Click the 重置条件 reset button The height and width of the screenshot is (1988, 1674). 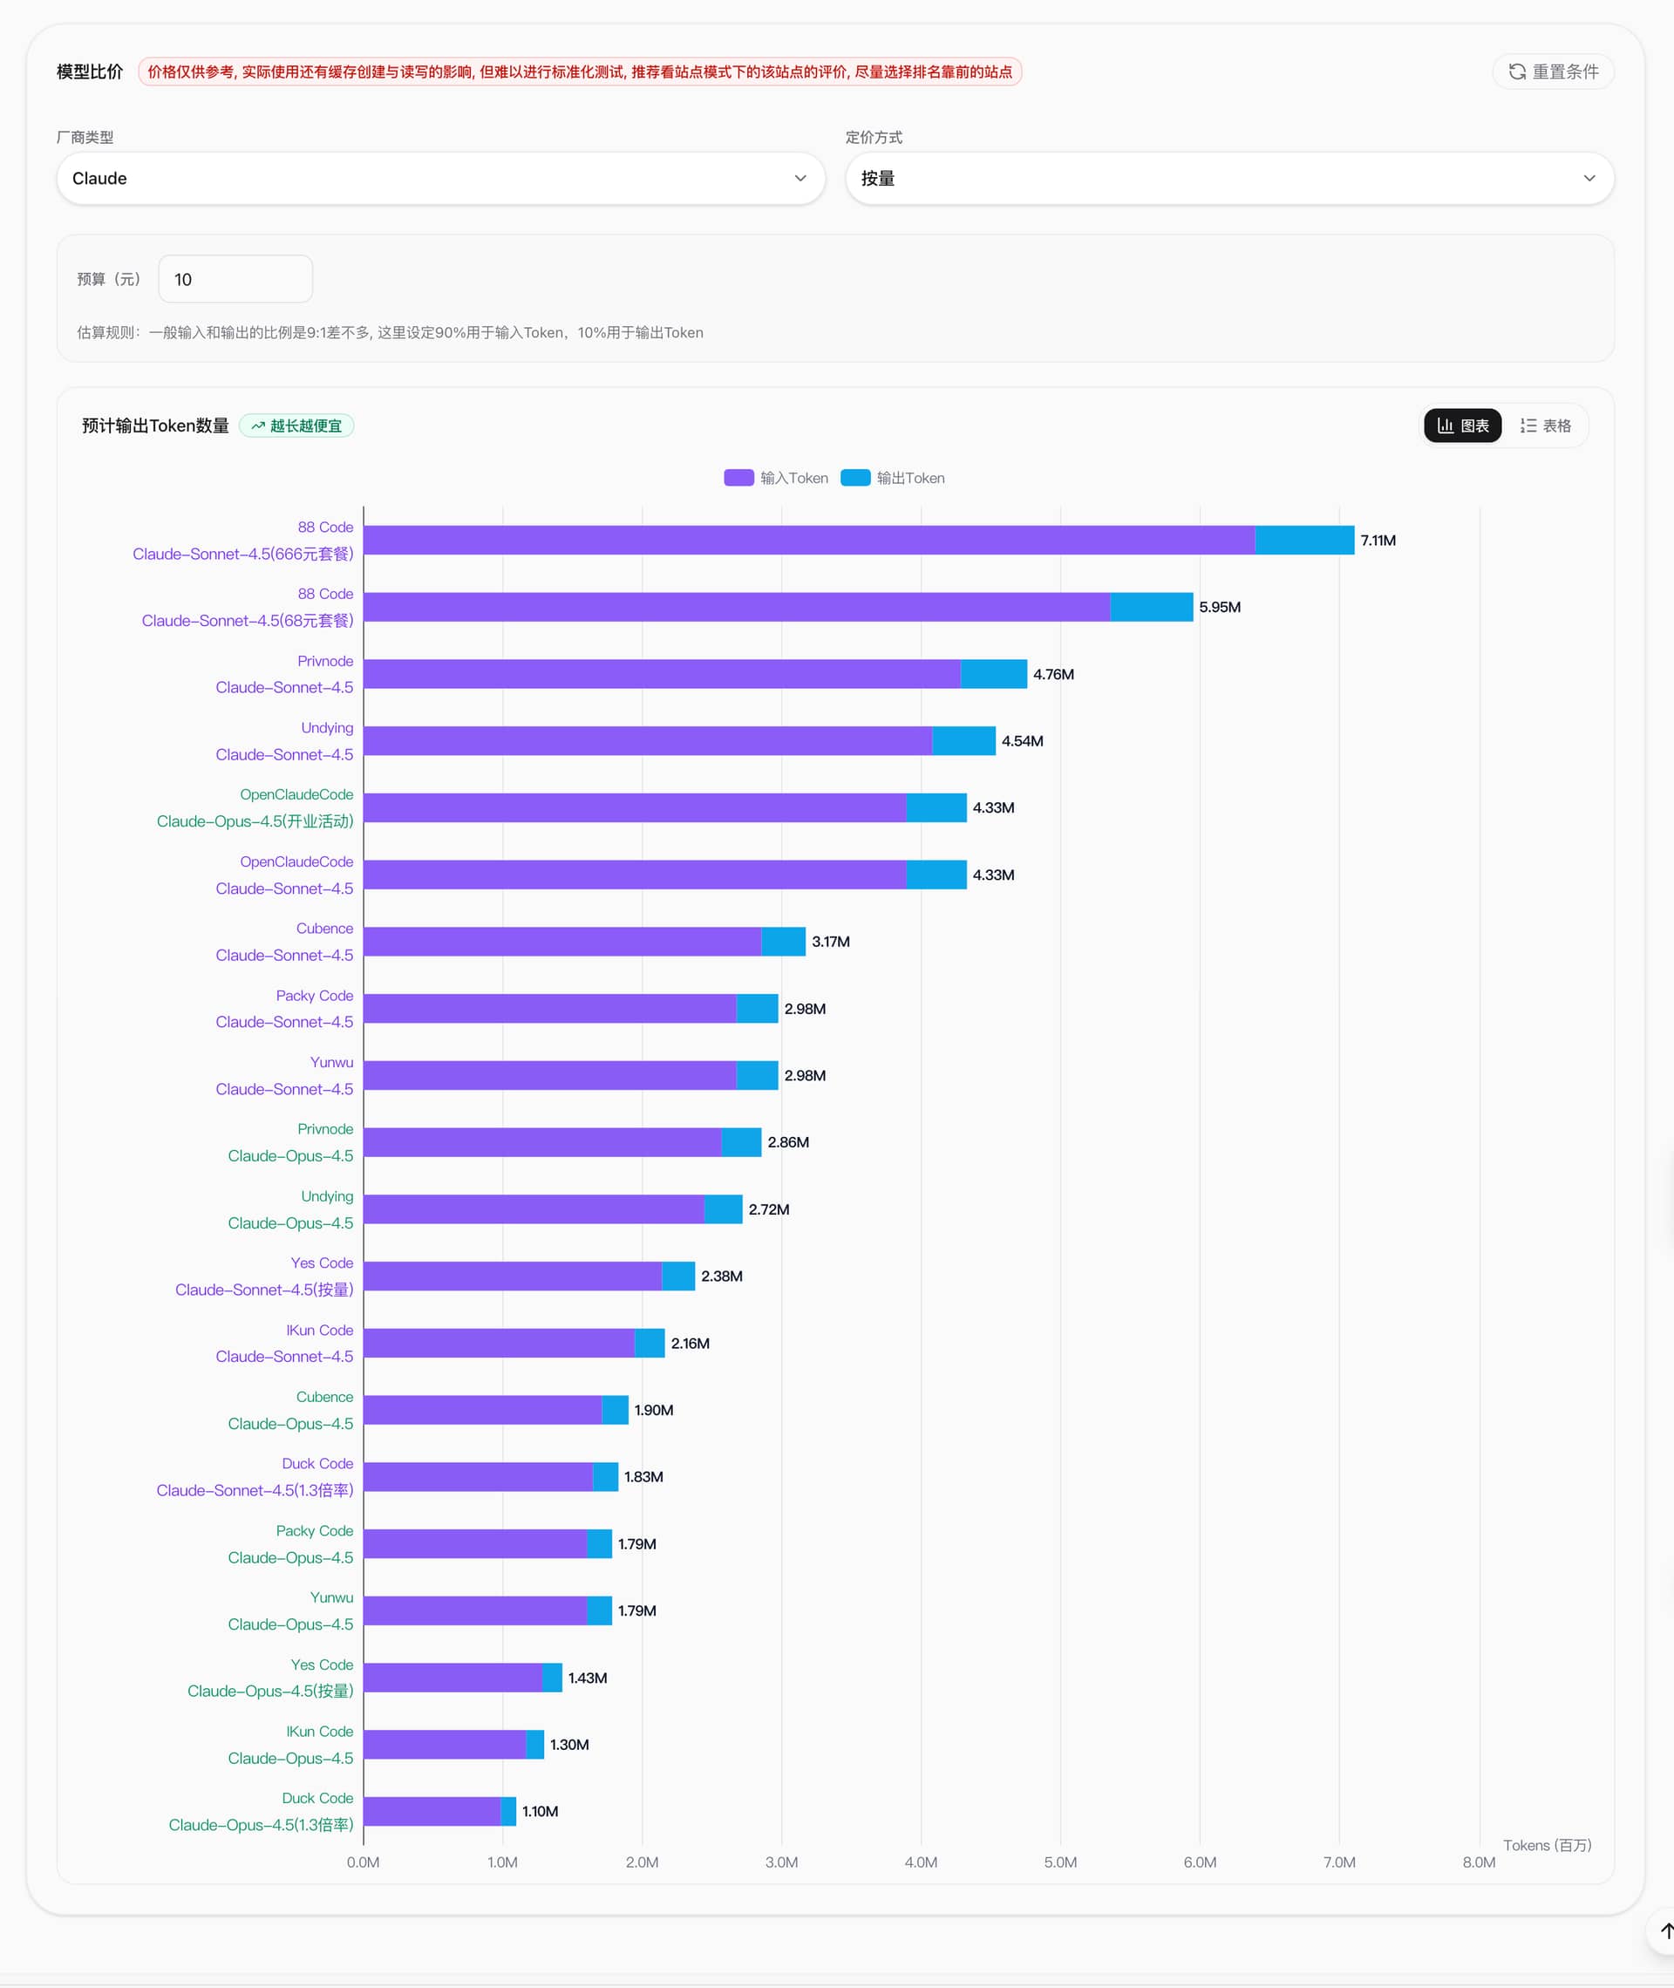point(1554,72)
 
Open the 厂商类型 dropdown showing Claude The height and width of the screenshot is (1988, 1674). point(440,179)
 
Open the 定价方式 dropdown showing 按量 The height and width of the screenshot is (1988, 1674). point(1229,179)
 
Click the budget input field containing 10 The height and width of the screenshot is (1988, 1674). point(235,279)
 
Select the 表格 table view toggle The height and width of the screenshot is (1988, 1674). point(1545,426)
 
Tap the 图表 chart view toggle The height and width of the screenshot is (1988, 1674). point(1462,426)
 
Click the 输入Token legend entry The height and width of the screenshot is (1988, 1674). point(775,479)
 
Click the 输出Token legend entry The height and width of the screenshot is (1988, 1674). point(893,479)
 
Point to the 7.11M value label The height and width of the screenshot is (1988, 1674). point(1378,541)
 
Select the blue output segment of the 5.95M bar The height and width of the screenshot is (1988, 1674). point(1151,608)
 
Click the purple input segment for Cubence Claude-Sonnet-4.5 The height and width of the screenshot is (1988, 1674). point(561,942)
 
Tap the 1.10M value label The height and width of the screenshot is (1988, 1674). point(540,1812)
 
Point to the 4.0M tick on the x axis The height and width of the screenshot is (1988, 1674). point(921,1862)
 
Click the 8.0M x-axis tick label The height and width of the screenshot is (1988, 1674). point(1479,1862)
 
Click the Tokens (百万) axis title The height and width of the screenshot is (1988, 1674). point(1547,1846)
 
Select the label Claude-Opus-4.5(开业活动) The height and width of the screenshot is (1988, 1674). point(255,821)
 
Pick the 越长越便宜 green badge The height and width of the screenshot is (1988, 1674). point(296,426)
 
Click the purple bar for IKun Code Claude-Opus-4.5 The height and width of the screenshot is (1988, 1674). point(444,1744)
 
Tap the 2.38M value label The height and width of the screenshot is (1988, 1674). point(721,1277)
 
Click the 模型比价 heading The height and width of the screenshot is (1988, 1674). point(89,72)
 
